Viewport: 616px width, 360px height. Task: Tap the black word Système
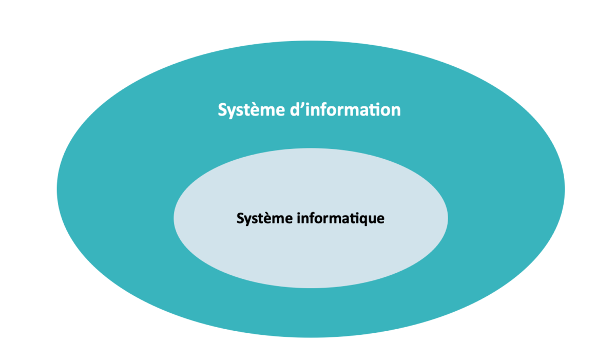point(264,219)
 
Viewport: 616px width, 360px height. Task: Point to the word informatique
point(340,219)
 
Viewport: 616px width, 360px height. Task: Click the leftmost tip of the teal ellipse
point(57,189)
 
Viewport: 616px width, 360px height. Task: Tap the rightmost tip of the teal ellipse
point(565,189)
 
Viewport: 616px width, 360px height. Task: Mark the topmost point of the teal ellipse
point(311,41)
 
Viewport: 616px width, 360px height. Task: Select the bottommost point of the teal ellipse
point(311,337)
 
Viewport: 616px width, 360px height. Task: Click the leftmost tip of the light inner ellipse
point(174,218)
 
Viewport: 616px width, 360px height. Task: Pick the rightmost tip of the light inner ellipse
point(448,218)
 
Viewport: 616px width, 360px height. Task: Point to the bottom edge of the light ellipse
point(311,288)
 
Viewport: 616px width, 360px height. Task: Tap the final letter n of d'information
point(395,110)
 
